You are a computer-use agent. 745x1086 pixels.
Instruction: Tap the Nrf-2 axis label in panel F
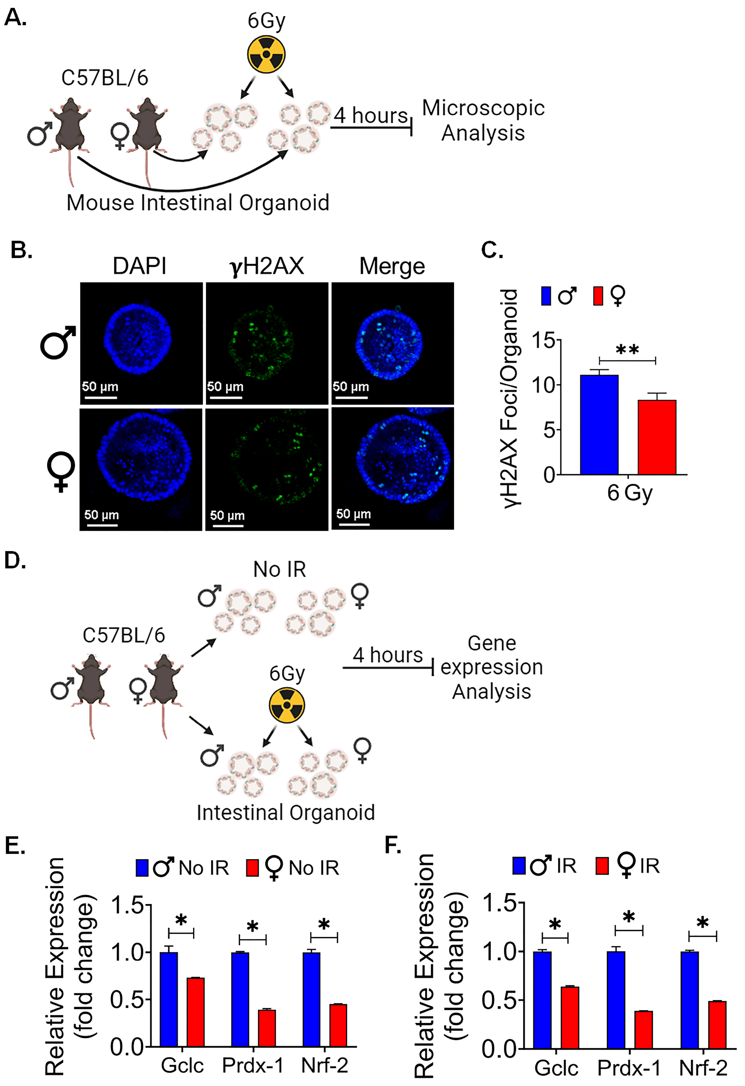point(703,1068)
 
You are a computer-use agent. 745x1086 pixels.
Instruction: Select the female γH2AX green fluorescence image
point(267,469)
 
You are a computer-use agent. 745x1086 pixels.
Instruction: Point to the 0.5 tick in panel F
point(500,1001)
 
